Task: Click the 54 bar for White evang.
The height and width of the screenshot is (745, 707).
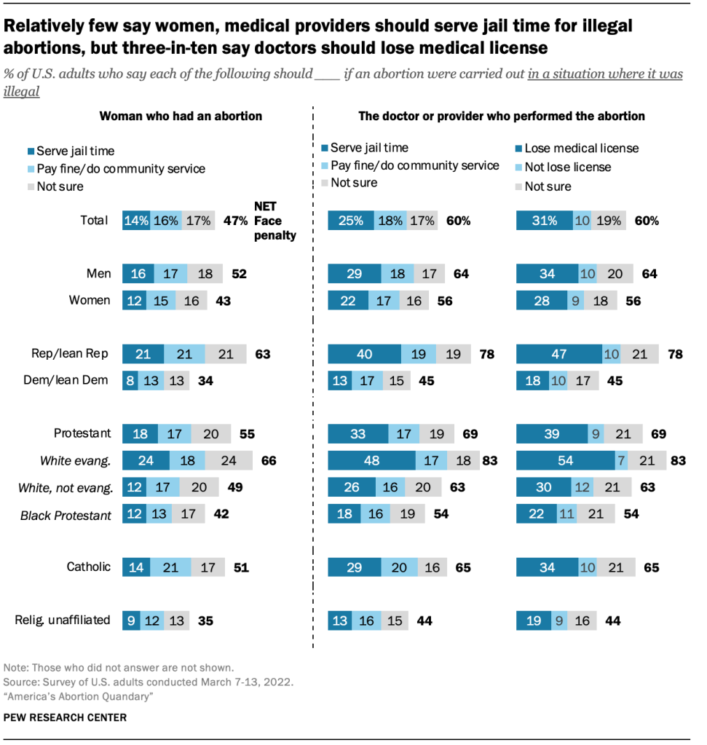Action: pos(565,461)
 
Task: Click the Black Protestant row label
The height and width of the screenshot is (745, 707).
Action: pos(66,516)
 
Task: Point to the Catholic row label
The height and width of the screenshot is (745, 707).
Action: pos(89,566)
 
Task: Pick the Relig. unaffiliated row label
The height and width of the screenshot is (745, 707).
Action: pos(63,620)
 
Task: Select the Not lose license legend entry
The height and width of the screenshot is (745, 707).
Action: pos(567,167)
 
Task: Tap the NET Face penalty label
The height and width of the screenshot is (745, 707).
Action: pos(275,221)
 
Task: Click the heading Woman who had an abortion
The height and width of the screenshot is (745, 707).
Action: pos(181,116)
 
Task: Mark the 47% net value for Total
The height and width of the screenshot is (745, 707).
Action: pos(236,221)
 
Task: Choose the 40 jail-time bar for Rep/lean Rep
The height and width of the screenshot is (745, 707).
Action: pos(364,355)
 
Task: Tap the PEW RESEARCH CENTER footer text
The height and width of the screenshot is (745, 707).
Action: pos(65,717)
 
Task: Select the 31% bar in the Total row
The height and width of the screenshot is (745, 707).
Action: pos(543,221)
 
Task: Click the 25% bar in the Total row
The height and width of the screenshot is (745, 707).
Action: pos(351,221)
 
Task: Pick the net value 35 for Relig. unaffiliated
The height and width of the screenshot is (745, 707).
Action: pos(207,621)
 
